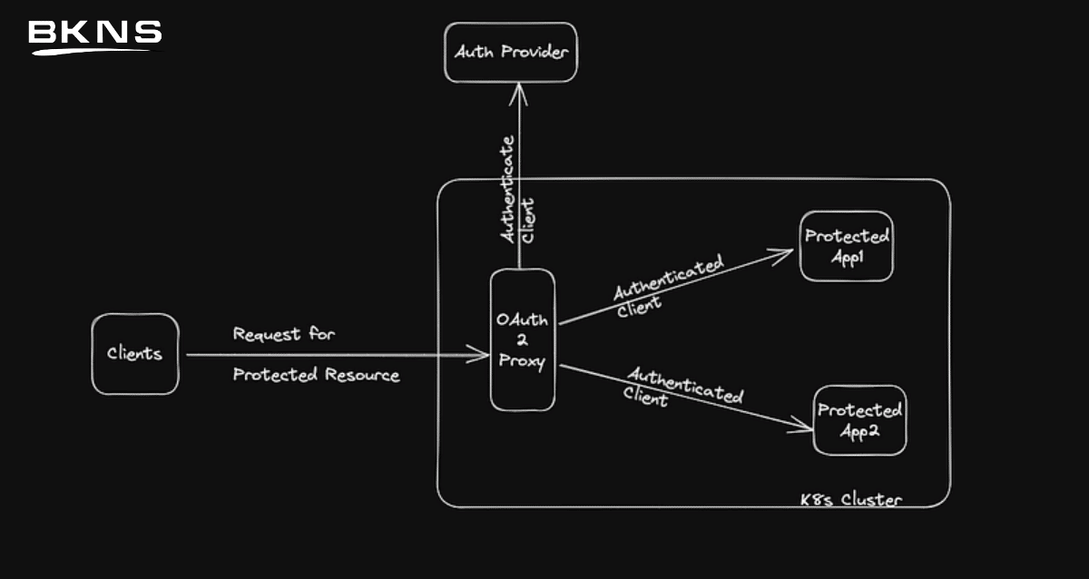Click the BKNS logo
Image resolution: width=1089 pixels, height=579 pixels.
pyautogui.click(x=94, y=37)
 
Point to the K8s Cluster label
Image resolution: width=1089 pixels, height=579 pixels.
pyautogui.click(x=851, y=499)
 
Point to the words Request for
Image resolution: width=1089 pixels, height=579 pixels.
pyautogui.click(x=284, y=334)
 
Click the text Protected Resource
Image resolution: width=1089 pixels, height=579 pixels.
pyautogui.click(x=316, y=374)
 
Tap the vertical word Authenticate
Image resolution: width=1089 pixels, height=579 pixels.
pyautogui.click(x=507, y=189)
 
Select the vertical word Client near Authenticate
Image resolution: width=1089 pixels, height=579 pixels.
pyautogui.click(x=527, y=221)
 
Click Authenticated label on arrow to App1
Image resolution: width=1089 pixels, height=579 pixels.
pyautogui.click(x=669, y=278)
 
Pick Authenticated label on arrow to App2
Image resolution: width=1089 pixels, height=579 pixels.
pyautogui.click(x=685, y=386)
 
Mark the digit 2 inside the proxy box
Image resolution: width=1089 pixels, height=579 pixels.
pyautogui.click(x=522, y=339)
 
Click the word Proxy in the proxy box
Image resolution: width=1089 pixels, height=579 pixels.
pyautogui.click(x=522, y=362)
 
